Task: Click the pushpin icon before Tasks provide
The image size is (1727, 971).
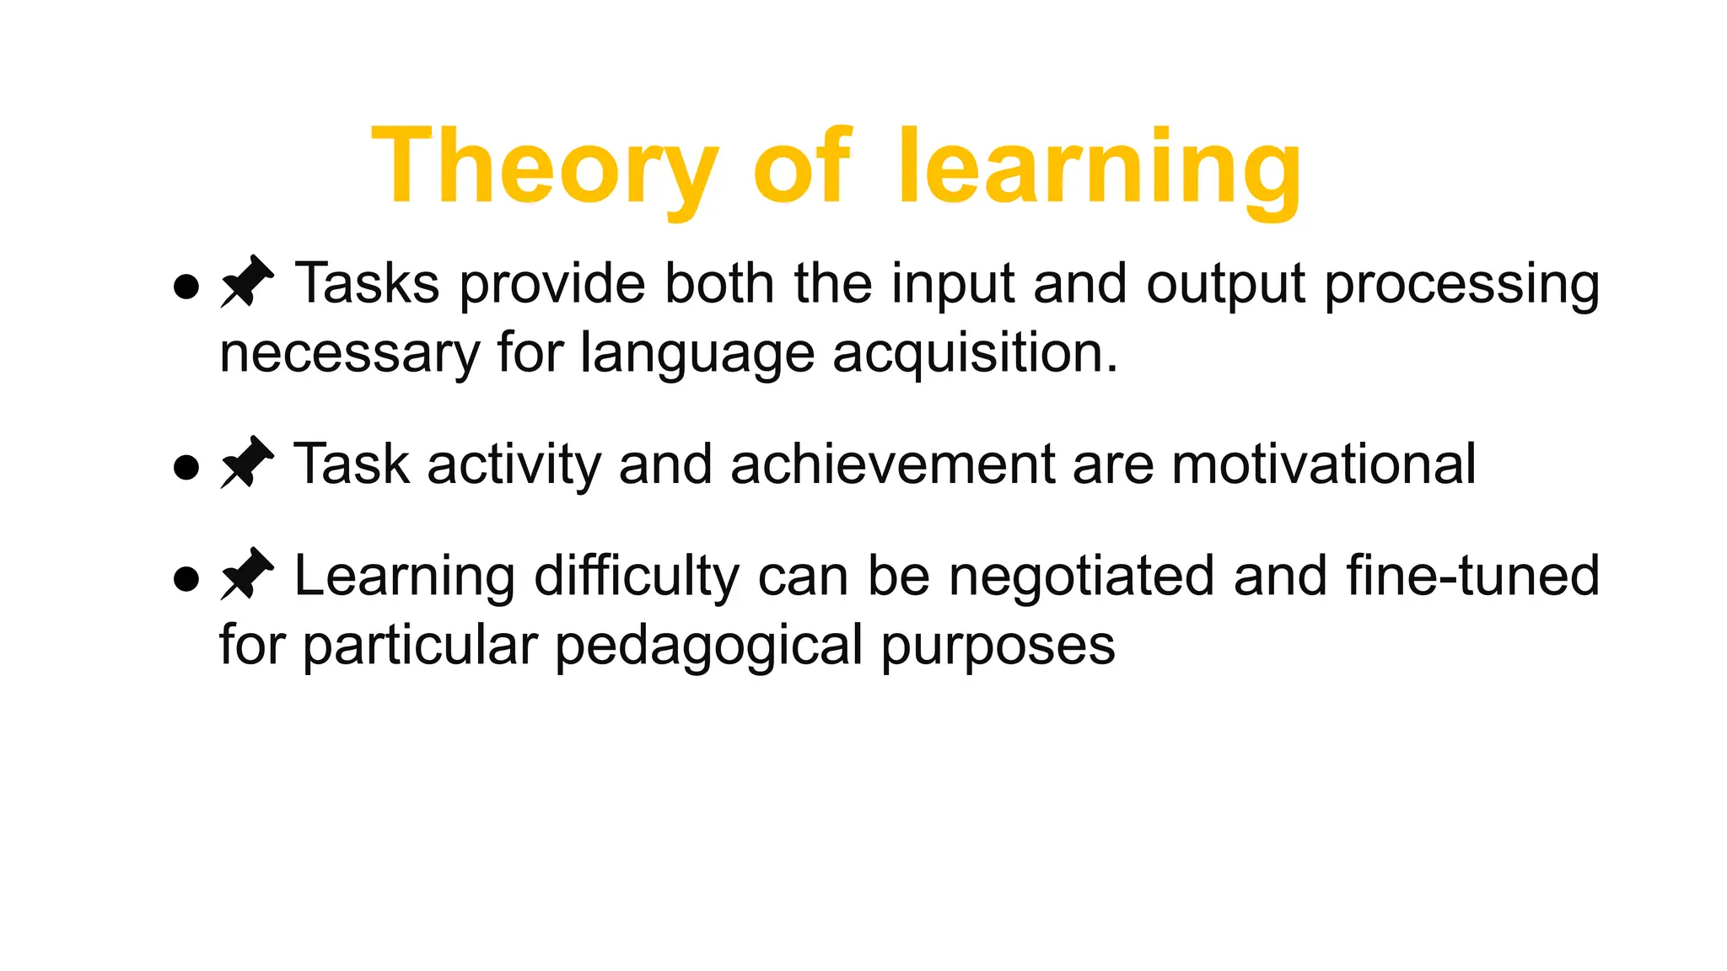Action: pos(246,282)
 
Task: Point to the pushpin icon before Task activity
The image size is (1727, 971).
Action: pos(246,463)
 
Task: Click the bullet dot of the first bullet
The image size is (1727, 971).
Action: pos(186,286)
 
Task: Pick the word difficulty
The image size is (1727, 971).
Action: pos(636,577)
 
